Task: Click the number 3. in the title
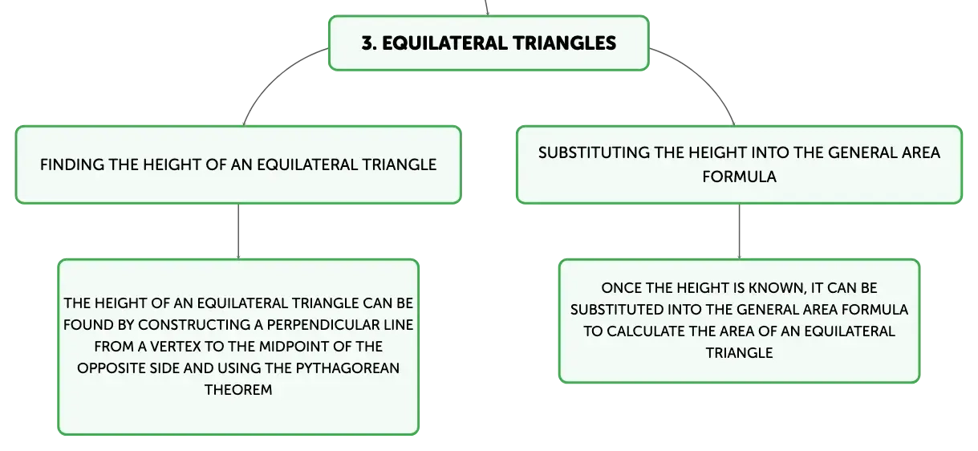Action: tap(369, 43)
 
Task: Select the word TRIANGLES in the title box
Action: tap(564, 43)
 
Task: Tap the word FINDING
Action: tap(72, 165)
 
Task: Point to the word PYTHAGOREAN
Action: tap(347, 368)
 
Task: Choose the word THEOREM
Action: tap(238, 389)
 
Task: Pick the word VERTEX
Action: tap(175, 346)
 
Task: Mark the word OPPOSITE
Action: tap(112, 368)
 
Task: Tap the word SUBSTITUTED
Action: tap(617, 310)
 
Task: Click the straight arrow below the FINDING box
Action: tap(238, 231)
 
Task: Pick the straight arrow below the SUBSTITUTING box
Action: tap(739, 231)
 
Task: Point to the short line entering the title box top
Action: tap(486, 7)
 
